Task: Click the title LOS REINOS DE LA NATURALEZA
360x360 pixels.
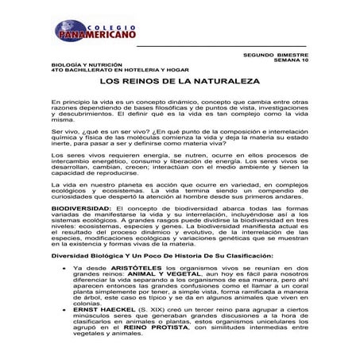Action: click(176, 82)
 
